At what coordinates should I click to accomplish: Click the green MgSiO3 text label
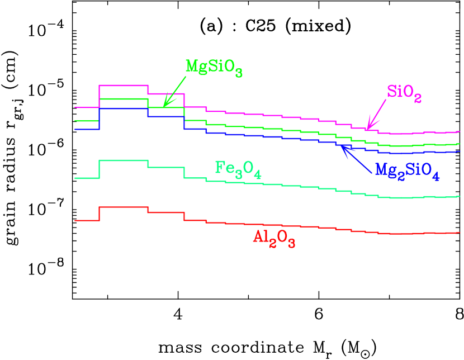point(214,67)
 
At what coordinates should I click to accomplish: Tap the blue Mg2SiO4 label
point(407,170)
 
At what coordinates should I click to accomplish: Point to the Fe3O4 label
point(238,169)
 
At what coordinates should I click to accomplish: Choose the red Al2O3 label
point(274,238)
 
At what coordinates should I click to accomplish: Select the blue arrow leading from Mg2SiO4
point(358,159)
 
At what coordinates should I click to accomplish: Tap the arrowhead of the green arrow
point(165,103)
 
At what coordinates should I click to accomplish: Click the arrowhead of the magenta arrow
point(369,127)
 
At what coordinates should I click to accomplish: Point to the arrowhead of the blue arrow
point(344,148)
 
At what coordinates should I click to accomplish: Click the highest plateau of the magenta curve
point(123,86)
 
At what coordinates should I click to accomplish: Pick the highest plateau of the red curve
point(123,207)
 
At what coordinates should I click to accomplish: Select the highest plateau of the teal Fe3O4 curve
point(123,160)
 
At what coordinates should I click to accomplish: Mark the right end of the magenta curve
point(458,132)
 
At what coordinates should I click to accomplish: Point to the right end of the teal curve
point(458,196)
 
